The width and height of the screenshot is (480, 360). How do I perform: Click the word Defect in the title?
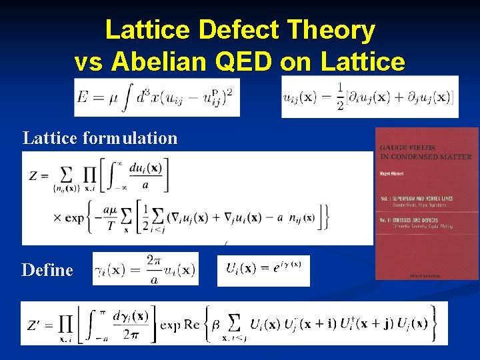[x=227, y=31]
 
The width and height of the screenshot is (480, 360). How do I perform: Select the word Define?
[x=47, y=270]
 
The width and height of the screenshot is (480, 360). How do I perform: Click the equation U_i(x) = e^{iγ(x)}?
[x=263, y=269]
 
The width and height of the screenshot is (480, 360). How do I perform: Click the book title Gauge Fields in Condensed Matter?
[x=425, y=152]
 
